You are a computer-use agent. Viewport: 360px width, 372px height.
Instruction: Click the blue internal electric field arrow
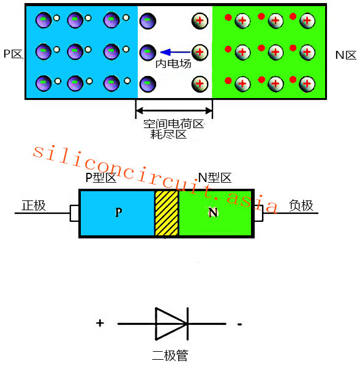176,52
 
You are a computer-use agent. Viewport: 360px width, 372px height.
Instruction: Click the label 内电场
173,64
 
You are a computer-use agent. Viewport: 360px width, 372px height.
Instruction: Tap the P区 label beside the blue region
13,54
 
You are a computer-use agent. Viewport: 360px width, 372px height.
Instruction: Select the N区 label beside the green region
346,55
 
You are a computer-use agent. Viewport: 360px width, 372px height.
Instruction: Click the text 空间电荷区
174,124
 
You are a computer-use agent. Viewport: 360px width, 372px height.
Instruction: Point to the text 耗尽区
168,134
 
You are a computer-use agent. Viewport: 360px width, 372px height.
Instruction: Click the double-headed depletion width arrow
174,110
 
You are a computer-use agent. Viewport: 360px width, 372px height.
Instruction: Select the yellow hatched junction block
167,213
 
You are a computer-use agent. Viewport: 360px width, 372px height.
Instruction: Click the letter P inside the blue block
119,212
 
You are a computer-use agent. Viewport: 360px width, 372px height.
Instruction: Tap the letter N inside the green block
213,212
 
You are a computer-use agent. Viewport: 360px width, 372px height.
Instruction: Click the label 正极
34,205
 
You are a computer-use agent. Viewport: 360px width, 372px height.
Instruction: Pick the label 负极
301,205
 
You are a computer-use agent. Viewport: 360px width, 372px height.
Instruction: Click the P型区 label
101,178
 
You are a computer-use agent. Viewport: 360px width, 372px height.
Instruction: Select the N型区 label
215,178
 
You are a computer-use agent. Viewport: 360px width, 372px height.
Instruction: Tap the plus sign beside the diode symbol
100,323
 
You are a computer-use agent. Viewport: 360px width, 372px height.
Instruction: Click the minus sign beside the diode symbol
239,324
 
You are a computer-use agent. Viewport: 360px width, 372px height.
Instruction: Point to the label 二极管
170,355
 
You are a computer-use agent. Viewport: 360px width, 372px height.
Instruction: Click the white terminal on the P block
74,213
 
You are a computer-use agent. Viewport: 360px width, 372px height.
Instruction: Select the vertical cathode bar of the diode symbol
188,324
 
